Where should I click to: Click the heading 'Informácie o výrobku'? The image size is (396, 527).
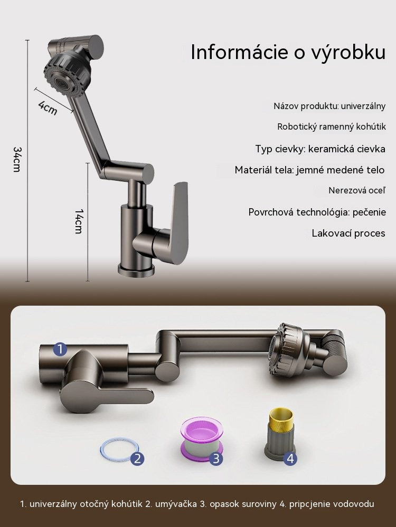[288, 52]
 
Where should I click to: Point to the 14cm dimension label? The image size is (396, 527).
[79, 221]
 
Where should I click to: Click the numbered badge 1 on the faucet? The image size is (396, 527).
[60, 349]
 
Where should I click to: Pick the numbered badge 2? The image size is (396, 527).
[137, 458]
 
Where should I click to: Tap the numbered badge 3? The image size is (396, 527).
[216, 458]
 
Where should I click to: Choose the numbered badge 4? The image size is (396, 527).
[290, 458]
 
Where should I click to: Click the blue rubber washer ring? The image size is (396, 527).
[119, 441]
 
